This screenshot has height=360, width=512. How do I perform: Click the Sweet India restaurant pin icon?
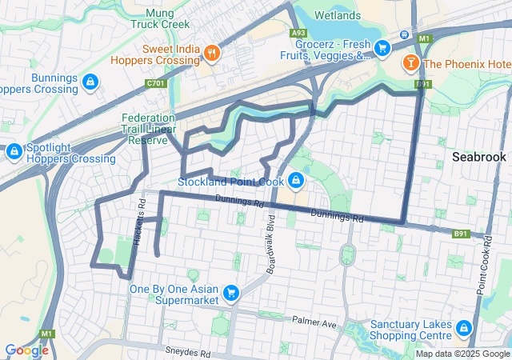pos(211,54)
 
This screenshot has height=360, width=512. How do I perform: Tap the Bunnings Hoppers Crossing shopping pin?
pos(90,82)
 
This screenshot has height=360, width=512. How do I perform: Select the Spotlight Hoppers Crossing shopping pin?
pos(14,151)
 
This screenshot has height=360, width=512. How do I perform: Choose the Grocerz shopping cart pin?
pos(382,49)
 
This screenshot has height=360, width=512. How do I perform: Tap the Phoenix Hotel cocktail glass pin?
pos(410,62)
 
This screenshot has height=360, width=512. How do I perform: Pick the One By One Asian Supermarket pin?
pos(231,293)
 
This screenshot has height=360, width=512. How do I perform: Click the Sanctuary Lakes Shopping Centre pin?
pos(462,329)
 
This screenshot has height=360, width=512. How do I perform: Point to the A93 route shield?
pos(298,33)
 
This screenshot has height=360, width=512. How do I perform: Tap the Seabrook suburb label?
pos(478,157)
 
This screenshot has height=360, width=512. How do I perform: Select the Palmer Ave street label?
pos(315,323)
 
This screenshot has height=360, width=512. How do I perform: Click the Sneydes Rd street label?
pos(188,352)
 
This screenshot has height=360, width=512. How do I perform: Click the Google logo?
pos(26,350)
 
